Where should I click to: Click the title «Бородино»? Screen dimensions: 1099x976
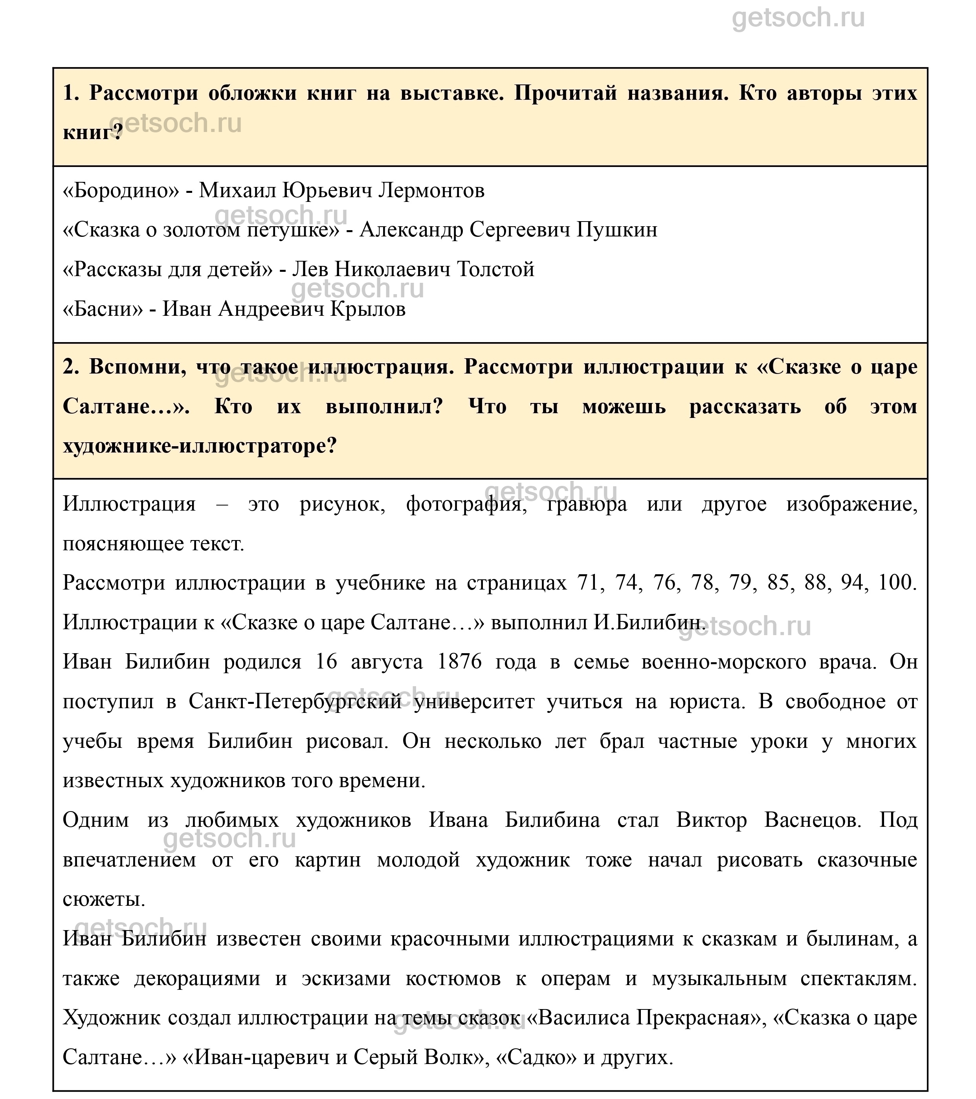[x=121, y=190]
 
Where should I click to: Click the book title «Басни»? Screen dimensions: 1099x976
[x=103, y=309]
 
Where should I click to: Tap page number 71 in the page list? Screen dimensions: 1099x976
[x=588, y=583]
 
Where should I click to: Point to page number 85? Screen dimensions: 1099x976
[x=778, y=583]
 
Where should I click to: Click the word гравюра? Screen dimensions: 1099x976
[x=587, y=504]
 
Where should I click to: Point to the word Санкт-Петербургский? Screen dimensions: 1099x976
[x=295, y=702]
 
